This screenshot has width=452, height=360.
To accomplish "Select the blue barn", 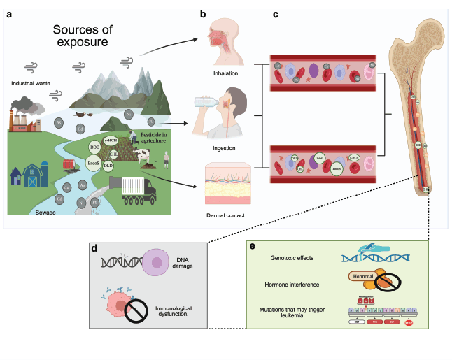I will (34, 174).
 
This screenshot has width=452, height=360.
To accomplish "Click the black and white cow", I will (145, 159).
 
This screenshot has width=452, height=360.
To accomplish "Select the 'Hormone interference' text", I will (297, 285).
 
